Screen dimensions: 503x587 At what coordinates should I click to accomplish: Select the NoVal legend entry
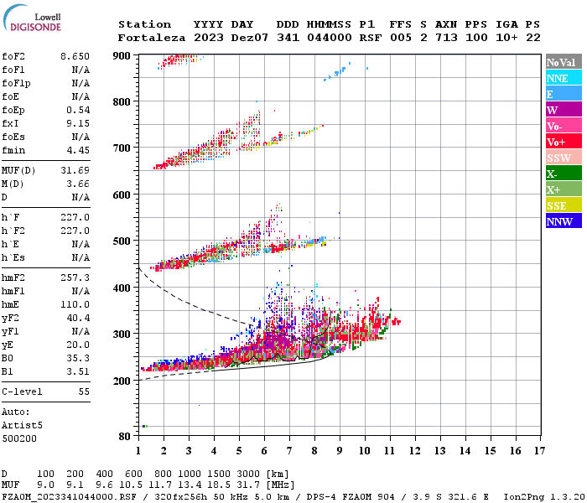point(563,62)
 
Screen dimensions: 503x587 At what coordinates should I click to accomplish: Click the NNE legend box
point(563,78)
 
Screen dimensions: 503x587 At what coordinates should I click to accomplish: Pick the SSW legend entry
point(563,158)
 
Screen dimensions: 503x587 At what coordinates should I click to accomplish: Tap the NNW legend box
point(563,221)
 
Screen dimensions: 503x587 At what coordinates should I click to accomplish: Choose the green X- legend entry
point(563,174)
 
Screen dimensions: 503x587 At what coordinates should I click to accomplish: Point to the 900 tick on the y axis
point(122,55)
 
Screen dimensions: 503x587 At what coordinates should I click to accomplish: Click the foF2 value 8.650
point(75,55)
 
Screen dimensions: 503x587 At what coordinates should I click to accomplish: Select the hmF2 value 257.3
point(75,277)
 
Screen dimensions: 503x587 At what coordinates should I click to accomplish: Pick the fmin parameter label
point(13,150)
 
